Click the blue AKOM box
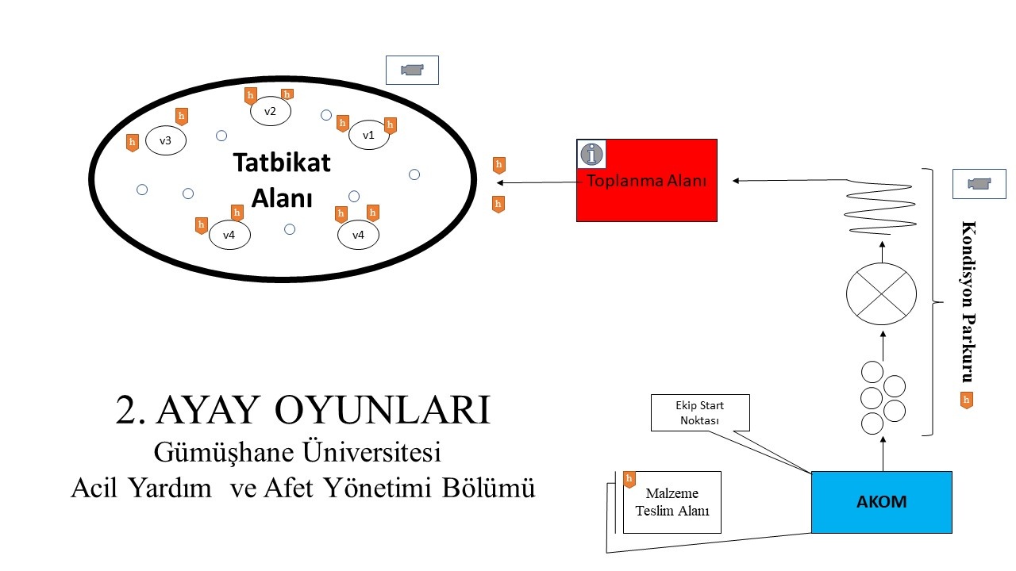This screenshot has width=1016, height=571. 881,502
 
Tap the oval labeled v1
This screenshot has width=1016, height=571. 368,135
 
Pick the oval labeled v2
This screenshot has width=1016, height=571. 270,112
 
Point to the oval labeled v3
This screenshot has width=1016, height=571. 165,140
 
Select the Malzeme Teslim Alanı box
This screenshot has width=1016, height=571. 672,502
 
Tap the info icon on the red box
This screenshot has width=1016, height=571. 591,153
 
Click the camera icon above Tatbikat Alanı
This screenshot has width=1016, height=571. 412,70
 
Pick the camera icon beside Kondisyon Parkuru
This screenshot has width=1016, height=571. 979,184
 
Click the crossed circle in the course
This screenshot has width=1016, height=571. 881,293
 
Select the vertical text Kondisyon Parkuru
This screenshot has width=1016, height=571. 968,301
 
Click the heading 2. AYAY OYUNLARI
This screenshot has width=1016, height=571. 303,410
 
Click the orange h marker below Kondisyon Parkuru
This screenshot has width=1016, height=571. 966,400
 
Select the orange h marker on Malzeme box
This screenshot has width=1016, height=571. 629,479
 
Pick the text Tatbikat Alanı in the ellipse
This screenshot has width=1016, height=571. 281,179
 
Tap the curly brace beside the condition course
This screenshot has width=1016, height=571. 931,301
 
